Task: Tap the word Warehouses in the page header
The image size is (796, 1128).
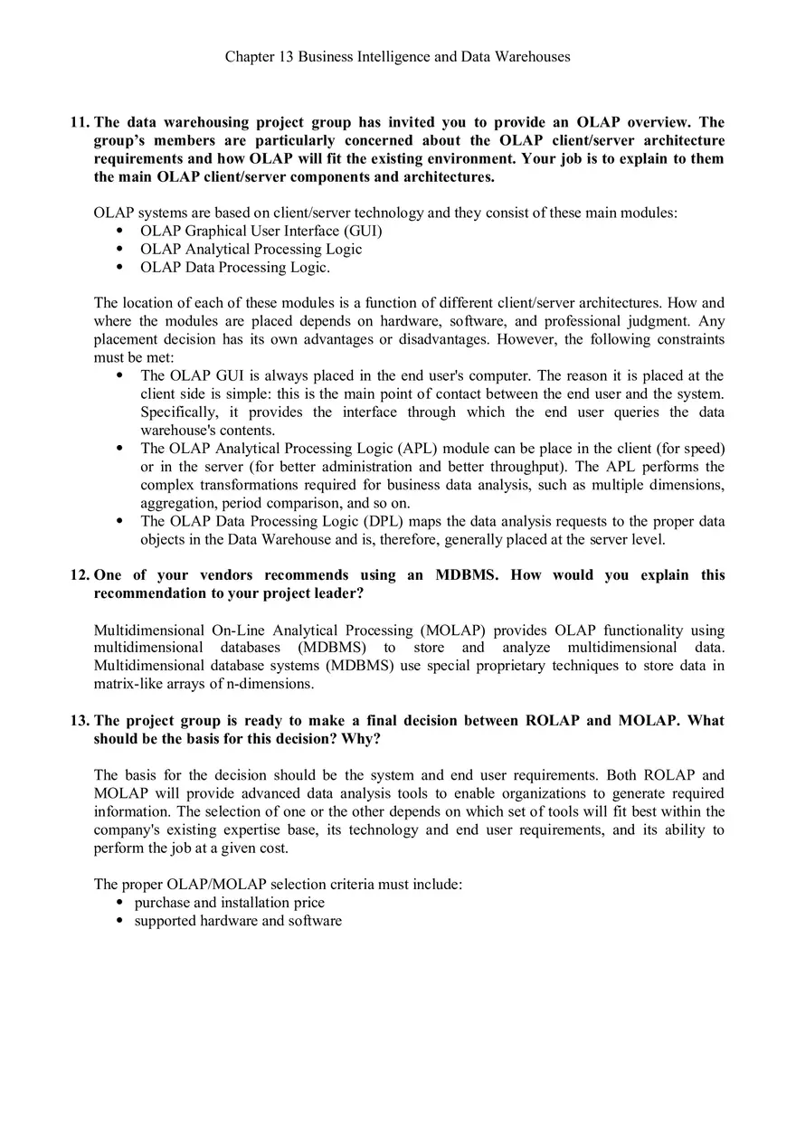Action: (534, 57)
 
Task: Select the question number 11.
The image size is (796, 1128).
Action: (80, 122)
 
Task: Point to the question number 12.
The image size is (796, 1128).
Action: (80, 575)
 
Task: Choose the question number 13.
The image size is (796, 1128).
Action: (80, 721)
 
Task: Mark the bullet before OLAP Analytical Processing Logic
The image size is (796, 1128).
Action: (119, 250)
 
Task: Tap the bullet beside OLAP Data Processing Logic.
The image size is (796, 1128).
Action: (119, 268)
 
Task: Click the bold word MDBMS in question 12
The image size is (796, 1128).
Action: (466, 575)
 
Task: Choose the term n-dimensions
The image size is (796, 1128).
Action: (268, 684)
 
